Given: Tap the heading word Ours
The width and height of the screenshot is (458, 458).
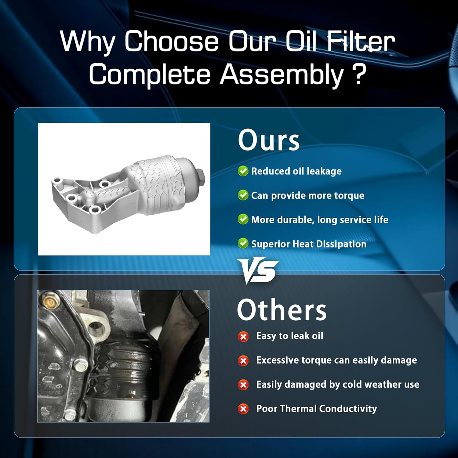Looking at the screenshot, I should [x=269, y=140].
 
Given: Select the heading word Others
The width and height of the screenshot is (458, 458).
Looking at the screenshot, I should [x=282, y=310].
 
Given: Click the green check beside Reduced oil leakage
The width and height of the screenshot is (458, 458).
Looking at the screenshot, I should [x=243, y=171].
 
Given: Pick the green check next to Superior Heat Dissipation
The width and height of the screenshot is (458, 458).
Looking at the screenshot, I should [x=243, y=243].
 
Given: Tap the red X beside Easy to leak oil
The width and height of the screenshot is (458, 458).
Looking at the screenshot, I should [x=243, y=336].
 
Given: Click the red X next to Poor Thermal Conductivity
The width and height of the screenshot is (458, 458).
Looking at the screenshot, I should [x=243, y=409].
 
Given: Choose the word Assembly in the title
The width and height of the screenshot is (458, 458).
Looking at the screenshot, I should [x=282, y=75].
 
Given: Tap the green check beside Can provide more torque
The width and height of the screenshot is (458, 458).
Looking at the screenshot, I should [x=243, y=195].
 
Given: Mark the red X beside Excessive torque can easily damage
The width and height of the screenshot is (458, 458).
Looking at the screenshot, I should [x=243, y=361].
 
